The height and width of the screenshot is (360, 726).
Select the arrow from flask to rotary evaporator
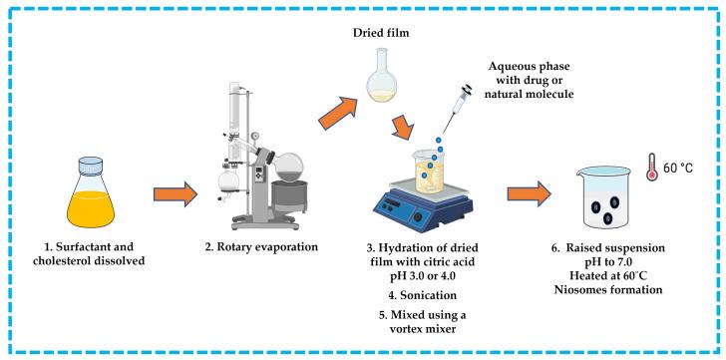[x=176, y=193]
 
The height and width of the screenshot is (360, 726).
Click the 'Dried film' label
[x=381, y=33]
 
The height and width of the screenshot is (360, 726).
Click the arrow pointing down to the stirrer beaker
[x=403, y=127]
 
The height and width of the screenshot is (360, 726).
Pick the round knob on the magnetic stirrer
[x=418, y=216]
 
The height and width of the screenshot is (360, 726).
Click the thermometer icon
[x=652, y=168]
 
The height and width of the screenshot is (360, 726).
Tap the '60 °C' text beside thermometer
[x=678, y=168]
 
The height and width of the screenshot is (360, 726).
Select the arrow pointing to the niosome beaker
[x=530, y=193]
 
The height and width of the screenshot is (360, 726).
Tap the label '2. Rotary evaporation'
[x=261, y=246]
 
